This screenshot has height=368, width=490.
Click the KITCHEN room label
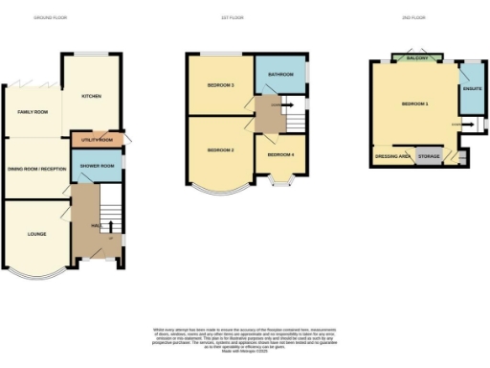pos(92,97)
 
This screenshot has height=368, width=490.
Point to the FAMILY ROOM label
pos(32,112)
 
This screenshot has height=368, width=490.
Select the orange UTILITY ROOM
pos(98,140)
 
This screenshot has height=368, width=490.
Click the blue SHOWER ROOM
pos(98,166)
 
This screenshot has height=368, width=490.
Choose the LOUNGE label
pos(35,233)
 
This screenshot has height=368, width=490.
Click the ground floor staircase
pos(111,205)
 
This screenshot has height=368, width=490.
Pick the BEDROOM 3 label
pos(220,85)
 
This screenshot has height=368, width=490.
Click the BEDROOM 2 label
pos(220,151)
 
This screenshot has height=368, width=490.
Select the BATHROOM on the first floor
pos(279,74)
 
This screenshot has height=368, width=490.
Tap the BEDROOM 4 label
pos(280,154)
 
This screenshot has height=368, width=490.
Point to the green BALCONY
pos(416,58)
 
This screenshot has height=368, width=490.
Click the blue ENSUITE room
pos(471,89)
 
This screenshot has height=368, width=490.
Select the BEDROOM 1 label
pos(414,103)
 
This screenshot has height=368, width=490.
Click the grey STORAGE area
pos(430,155)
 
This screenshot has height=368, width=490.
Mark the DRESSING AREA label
pos(392,155)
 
